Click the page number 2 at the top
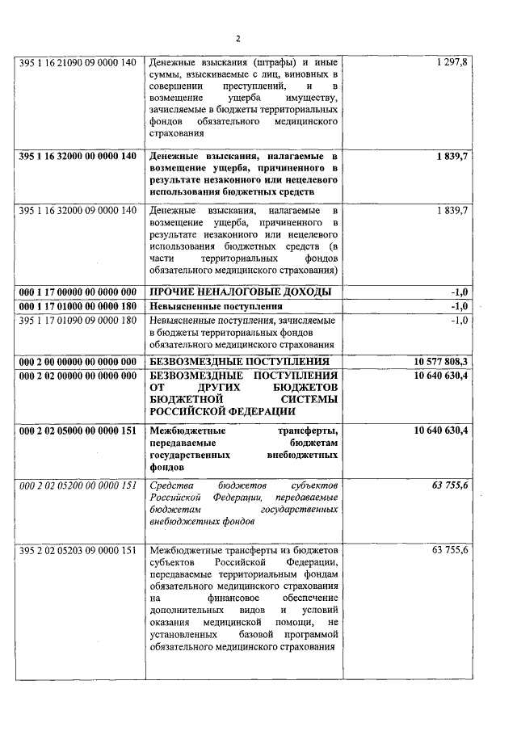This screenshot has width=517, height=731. pyautogui.click(x=238, y=38)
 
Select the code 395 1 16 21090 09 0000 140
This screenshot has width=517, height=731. pyautogui.click(x=78, y=62)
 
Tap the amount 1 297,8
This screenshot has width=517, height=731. pyautogui.click(x=451, y=62)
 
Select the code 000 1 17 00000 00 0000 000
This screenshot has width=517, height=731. pyautogui.click(x=78, y=292)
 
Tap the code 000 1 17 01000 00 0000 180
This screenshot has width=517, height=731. pyautogui.click(x=78, y=306)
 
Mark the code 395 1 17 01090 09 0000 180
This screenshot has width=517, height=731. pyautogui.click(x=78, y=321)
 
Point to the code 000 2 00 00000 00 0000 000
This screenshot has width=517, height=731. pyautogui.click(x=78, y=361)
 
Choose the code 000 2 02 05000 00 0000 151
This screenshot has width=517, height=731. pyautogui.click(x=78, y=431)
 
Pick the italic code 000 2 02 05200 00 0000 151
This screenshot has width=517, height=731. pyautogui.click(x=78, y=485)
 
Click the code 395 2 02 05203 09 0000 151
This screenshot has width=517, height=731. pyautogui.click(x=78, y=550)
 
